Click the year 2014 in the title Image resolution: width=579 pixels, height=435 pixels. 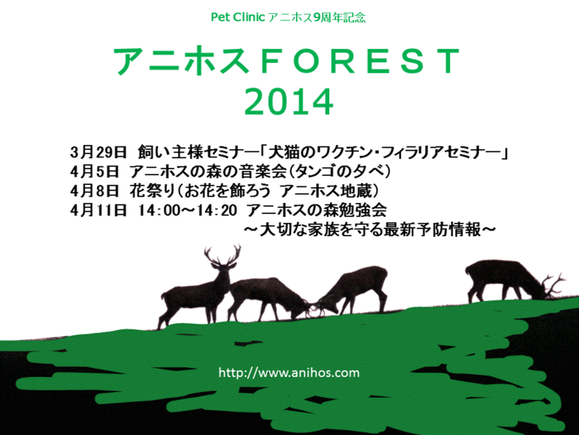(x=289, y=102)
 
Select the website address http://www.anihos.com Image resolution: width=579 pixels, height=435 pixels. (x=289, y=372)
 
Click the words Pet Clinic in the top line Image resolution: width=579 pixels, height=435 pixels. (x=238, y=17)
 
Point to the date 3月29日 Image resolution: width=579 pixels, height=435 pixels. (x=98, y=152)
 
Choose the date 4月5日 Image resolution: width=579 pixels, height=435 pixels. (x=94, y=172)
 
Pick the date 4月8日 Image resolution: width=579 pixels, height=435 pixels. (x=94, y=191)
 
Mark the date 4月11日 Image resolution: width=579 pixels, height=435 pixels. (x=98, y=210)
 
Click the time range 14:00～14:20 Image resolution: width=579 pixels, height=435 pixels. (x=188, y=210)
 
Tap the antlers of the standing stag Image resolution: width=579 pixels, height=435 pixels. (x=223, y=255)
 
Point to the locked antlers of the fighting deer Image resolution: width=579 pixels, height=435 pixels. (x=313, y=309)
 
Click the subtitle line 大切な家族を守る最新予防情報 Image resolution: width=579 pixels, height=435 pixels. (x=370, y=230)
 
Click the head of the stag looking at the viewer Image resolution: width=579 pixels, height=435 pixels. (x=223, y=269)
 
